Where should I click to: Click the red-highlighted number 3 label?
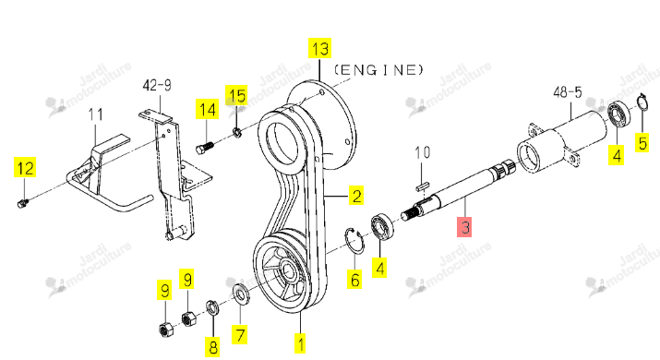pos(464,227)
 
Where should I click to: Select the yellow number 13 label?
pos(320,48)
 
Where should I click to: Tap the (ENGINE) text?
pos(378,70)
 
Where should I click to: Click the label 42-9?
pos(157,86)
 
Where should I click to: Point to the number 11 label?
pos(96,114)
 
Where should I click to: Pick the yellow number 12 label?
pos(25,168)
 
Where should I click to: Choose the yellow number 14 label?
pos(207,110)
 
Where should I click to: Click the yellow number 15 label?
pos(236,96)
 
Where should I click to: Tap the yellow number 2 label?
pos(356,196)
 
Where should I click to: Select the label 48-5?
pos(567,92)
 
